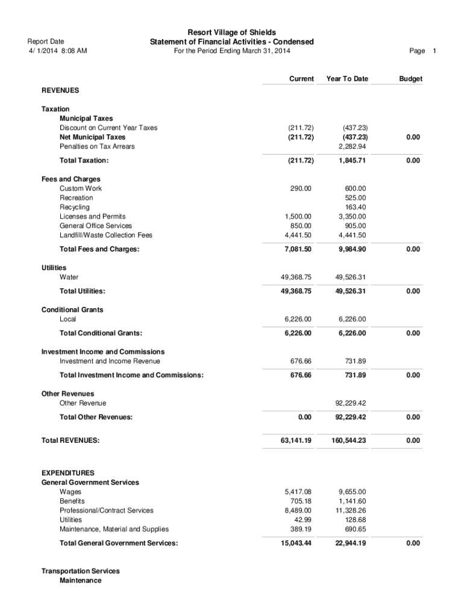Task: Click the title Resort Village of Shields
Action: [x=232, y=32]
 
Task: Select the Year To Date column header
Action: [x=346, y=79]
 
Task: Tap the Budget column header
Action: [x=410, y=79]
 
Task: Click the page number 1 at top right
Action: [x=434, y=51]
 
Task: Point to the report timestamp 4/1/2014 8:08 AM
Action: [x=58, y=51]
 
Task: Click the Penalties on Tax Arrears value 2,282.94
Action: [x=353, y=146]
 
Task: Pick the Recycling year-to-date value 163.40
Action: [x=356, y=207]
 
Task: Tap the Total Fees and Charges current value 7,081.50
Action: [x=297, y=249]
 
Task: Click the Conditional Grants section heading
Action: [x=72, y=310]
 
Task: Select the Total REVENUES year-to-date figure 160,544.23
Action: [x=348, y=441]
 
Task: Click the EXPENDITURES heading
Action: [x=67, y=473]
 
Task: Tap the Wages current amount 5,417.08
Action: [x=298, y=491]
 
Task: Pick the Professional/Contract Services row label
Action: [x=106, y=510]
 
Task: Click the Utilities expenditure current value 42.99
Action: [x=302, y=520]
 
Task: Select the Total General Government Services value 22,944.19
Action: [x=348, y=543]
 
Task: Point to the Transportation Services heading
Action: [x=80, y=571]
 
